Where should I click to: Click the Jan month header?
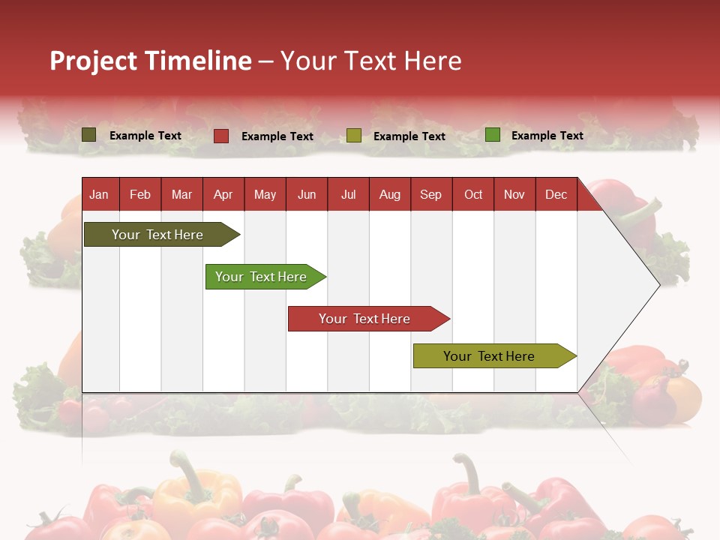pyautogui.click(x=99, y=194)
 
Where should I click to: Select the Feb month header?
pyautogui.click(x=140, y=194)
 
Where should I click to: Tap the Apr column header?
pyautogui.click(x=223, y=194)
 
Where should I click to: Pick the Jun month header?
pyautogui.click(x=307, y=194)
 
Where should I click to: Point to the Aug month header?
pyautogui.click(x=389, y=194)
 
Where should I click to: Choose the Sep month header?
pyautogui.click(x=430, y=194)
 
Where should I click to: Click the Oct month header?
pyautogui.click(x=473, y=194)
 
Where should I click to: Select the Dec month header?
pyautogui.click(x=556, y=194)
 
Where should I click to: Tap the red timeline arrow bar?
pyautogui.click(x=365, y=319)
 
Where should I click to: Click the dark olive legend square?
pyautogui.click(x=89, y=135)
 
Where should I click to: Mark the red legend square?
pyautogui.click(x=221, y=136)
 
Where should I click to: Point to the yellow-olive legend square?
pyautogui.click(x=354, y=136)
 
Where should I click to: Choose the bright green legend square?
pyautogui.click(x=493, y=135)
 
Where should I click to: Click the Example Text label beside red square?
pyautogui.click(x=277, y=136)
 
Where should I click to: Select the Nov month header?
pyautogui.click(x=514, y=194)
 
